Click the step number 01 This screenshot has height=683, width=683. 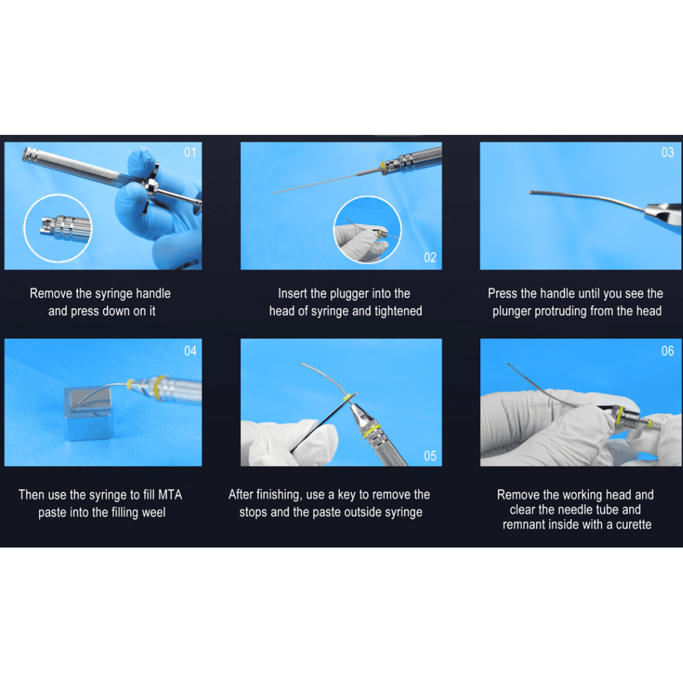(190, 153)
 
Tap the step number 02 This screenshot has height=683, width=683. (430, 258)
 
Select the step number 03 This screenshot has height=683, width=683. (667, 153)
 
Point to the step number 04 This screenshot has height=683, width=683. (190, 351)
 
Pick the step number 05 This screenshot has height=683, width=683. (430, 456)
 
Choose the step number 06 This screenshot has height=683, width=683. (667, 351)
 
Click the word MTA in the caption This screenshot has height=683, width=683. (170, 495)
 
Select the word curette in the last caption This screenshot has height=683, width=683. (633, 524)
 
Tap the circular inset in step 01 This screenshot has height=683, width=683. (57, 228)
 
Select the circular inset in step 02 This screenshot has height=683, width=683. (367, 230)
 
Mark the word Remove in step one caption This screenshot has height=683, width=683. (51, 294)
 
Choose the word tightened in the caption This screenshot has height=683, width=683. (398, 311)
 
